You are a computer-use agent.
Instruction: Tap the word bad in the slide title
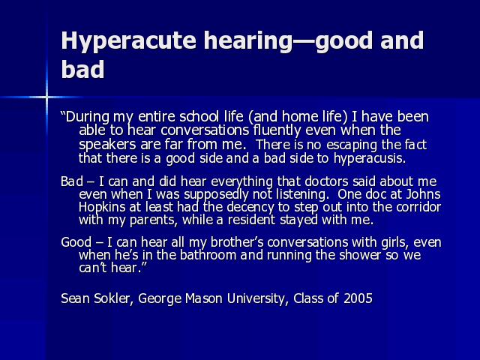82,69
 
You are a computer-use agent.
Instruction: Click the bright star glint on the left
46,97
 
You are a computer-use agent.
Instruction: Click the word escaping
352,145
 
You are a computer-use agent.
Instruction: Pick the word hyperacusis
370,159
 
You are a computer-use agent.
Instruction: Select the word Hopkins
102,208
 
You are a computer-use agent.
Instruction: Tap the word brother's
237,242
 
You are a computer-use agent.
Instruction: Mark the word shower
361,255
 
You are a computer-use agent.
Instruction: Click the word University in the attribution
255,298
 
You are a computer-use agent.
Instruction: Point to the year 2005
358,298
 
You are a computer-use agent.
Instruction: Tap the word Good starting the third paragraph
76,242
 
